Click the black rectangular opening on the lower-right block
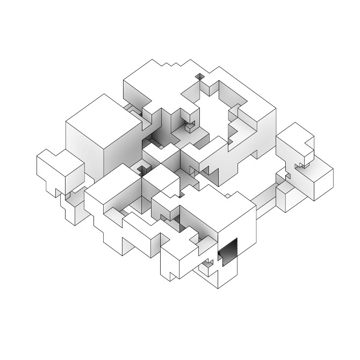point(228,251)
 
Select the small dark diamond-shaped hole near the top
point(200,77)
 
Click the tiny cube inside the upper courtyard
point(189,127)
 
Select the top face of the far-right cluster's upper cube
point(293,134)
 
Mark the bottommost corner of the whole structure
point(218,288)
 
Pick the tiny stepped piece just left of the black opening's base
point(207,266)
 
